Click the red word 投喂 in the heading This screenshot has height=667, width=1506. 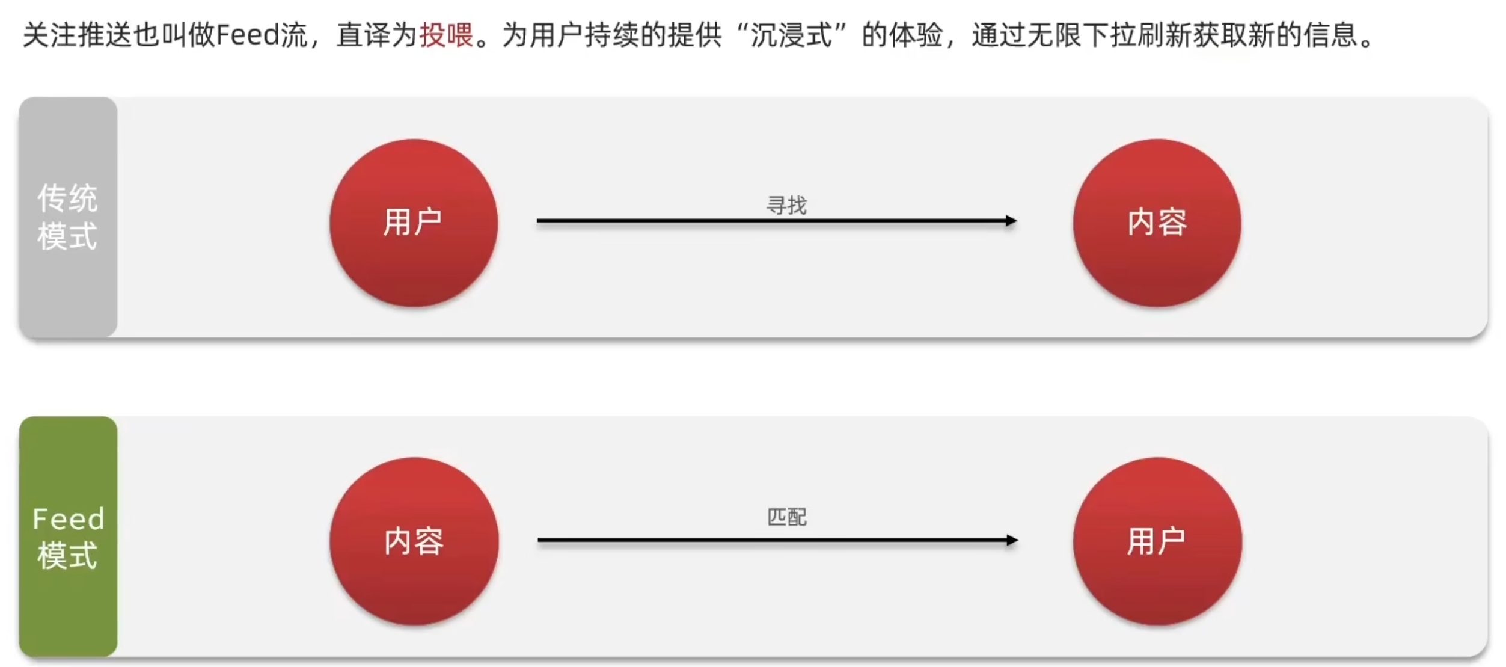(446, 35)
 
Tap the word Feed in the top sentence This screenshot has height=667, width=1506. (246, 35)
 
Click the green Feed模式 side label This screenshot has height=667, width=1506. (67, 536)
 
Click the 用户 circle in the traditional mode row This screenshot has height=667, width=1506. (414, 223)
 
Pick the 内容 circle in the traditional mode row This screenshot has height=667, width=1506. (1157, 223)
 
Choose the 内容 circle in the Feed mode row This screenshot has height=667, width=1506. (414, 541)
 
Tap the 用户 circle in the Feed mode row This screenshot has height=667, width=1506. (1157, 541)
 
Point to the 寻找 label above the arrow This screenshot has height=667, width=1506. (786, 206)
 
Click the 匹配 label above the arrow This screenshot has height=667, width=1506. (786, 517)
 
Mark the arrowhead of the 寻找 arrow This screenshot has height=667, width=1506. (1011, 221)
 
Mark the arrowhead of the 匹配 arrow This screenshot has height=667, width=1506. (1012, 540)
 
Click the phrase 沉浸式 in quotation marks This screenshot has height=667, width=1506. (791, 35)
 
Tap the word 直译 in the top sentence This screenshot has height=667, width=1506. (364, 35)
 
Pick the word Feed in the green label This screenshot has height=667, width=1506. (68, 518)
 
